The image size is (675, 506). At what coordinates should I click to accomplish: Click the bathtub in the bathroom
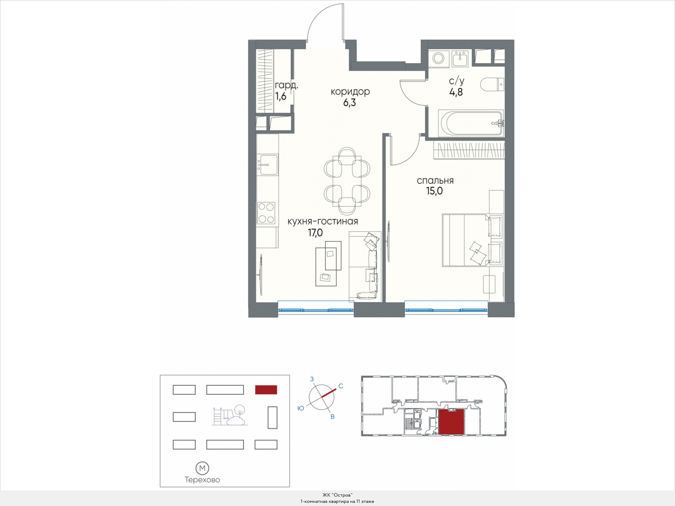pos(471,123)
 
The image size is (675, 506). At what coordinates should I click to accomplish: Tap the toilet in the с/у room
pos(492,84)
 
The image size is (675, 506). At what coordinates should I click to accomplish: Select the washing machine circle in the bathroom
pos(439,59)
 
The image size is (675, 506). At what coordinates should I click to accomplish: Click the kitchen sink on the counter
pos(267,165)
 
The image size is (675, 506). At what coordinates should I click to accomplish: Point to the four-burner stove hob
pos(266,213)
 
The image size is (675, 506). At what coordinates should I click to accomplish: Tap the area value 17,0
pos(316,233)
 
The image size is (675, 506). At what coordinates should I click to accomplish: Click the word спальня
pos(435,181)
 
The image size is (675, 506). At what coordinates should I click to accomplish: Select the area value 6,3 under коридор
pos(350,102)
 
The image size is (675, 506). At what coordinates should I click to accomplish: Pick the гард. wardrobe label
pos(287,86)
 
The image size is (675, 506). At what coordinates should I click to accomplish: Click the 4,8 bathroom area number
pos(456,92)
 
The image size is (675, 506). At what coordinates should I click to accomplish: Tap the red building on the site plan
pos(266,390)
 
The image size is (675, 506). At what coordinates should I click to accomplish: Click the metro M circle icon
pos(202,468)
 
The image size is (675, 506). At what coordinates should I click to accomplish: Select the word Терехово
pos(202,480)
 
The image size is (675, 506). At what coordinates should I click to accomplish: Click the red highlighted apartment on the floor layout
pos(451,422)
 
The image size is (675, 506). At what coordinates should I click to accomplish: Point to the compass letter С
pos(341,386)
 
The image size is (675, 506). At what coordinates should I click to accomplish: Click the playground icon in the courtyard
pos(230,415)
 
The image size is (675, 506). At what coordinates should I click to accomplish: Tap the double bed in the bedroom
pos(472,240)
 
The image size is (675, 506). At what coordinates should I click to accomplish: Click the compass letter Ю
pos(301,408)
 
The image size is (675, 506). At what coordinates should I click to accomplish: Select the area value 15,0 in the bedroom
pos(435,191)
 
